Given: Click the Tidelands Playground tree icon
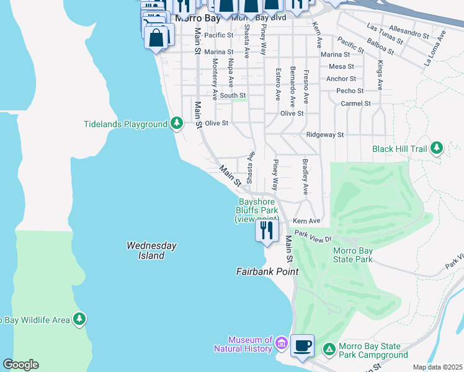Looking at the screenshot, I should [x=177, y=123].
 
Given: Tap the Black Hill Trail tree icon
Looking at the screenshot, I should [x=437, y=148].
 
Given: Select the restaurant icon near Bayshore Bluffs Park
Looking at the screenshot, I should [x=267, y=231].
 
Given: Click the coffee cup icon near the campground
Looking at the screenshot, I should [x=302, y=345].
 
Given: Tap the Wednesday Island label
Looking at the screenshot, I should [x=151, y=250].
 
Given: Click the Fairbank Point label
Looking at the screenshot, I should [x=267, y=272].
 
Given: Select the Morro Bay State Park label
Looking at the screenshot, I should [x=353, y=255].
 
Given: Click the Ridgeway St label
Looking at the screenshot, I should [x=324, y=135].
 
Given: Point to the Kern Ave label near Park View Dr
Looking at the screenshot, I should [x=306, y=221].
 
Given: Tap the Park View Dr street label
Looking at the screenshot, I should [x=314, y=236].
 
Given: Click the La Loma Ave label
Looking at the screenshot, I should [x=435, y=51].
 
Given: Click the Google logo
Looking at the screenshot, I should [x=20, y=365].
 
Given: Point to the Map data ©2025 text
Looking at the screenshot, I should [x=437, y=367].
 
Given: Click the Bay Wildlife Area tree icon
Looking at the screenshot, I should [x=79, y=319].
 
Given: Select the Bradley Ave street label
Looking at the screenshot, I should [x=305, y=177].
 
